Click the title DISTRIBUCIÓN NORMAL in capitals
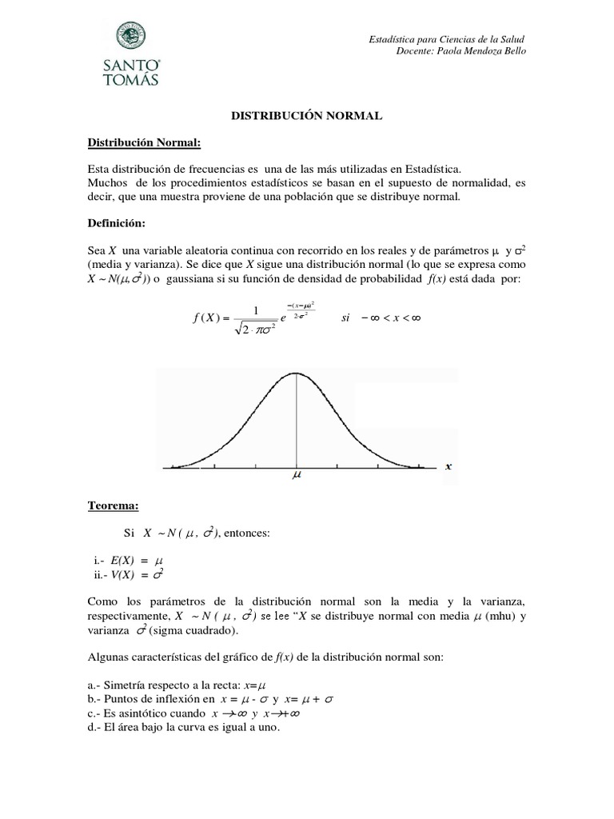[307, 116]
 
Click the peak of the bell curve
[297, 374]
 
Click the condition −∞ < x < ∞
[397, 318]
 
